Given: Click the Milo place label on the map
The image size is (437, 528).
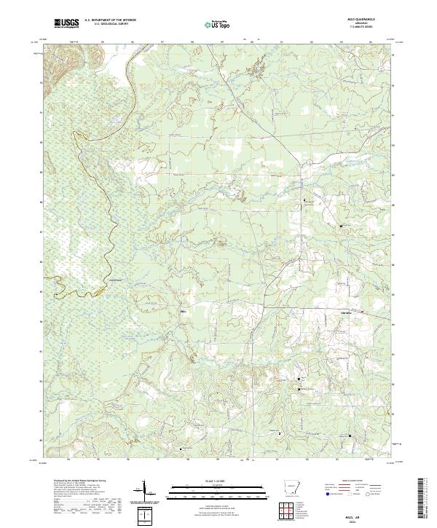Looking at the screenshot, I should tap(184, 311).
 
